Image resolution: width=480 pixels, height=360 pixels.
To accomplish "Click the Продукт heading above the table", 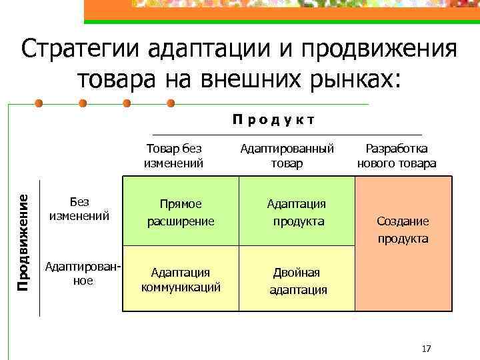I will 273,120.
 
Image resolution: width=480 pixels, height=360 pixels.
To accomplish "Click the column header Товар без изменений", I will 173,156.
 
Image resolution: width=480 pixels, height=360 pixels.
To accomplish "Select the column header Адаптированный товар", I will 287,156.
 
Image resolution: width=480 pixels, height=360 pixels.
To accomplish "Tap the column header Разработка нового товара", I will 397,156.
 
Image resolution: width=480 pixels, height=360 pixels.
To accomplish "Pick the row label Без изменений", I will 79,208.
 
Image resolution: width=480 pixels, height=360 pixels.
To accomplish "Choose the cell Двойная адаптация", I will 297,281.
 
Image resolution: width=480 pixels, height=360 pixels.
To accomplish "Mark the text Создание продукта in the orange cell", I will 403,229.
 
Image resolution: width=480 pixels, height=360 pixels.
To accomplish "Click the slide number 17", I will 427,349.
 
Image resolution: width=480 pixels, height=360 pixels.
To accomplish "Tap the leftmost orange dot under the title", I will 39,104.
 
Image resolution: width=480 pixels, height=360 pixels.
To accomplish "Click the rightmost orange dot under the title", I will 170,104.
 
